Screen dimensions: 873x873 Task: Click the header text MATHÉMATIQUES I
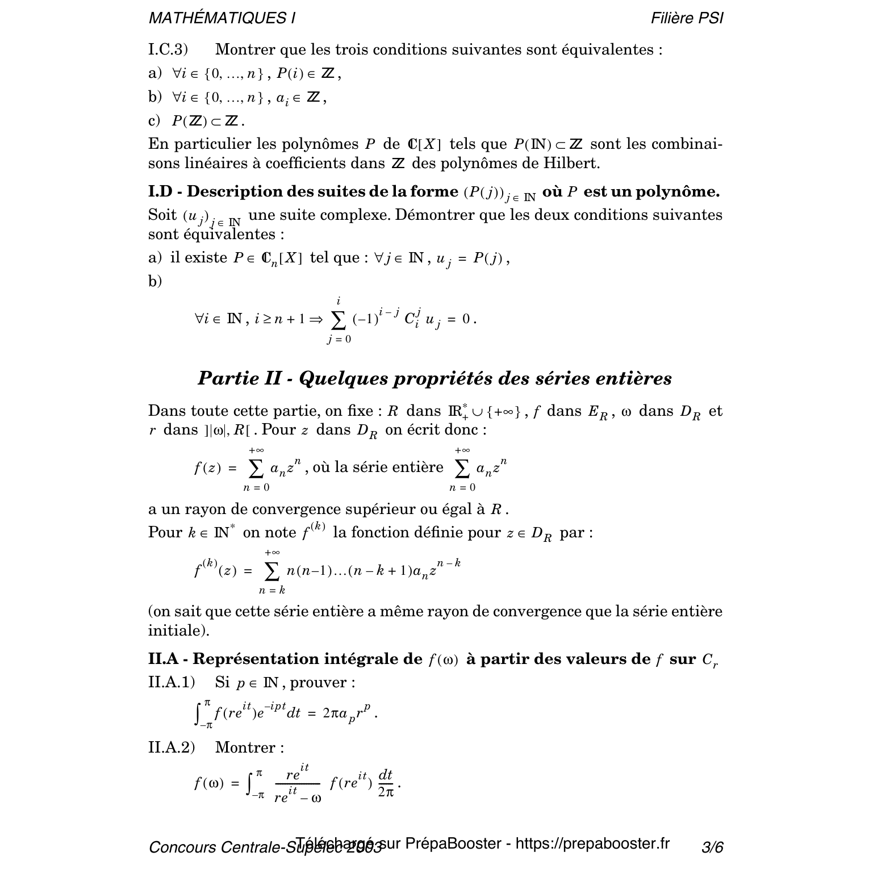tap(222, 18)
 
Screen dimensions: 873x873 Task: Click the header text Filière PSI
tap(687, 18)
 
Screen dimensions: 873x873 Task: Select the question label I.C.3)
tap(168, 50)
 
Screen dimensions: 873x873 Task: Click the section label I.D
tap(160, 192)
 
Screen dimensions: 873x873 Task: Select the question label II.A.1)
tap(172, 682)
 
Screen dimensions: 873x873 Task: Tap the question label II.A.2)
tap(172, 747)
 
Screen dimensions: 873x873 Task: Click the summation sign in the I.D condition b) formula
tap(339, 320)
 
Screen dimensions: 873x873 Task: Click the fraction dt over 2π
tap(386, 783)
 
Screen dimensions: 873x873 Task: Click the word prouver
tap(323, 682)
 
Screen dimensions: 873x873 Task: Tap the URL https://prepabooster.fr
tap(592, 843)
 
